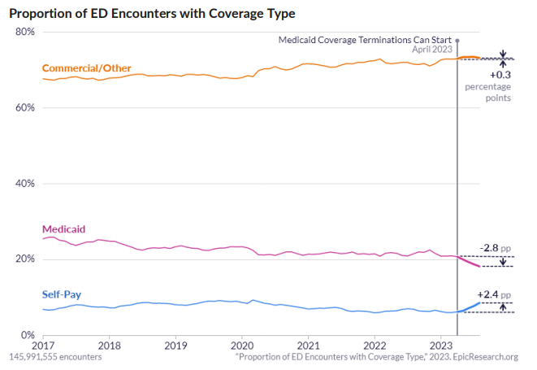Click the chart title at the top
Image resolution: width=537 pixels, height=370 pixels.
[152, 14]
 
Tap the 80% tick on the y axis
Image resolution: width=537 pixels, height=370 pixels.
[24, 32]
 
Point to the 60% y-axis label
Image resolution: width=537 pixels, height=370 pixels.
[24, 107]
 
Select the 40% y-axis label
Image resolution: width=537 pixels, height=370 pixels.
[24, 183]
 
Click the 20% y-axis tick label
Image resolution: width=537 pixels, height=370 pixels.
[24, 259]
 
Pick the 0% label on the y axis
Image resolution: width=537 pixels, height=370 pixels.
[26, 335]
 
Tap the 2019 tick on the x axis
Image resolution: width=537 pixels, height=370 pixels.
[175, 345]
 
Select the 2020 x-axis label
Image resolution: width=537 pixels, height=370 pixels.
[242, 345]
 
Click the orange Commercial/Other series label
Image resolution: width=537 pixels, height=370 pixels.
[86, 67]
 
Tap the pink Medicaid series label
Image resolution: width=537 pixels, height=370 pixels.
[63, 229]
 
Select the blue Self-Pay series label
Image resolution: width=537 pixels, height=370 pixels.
[62, 294]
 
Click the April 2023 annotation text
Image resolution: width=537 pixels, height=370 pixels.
[431, 50]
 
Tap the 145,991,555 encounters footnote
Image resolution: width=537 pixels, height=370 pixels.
[55, 357]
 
